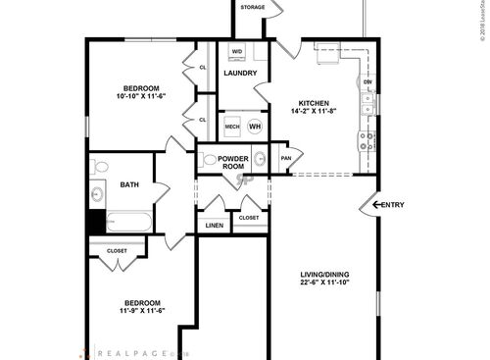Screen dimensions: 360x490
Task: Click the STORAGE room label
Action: (253, 8)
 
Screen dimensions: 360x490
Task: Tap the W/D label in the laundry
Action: (237, 51)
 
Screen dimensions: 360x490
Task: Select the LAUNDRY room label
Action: (240, 74)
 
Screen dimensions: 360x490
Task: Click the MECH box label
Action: (232, 127)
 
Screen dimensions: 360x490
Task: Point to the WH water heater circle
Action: (255, 127)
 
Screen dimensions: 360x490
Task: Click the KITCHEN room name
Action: (314, 103)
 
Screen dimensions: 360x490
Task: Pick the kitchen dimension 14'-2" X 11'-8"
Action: (314, 113)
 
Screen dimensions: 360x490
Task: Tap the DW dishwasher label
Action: (367, 81)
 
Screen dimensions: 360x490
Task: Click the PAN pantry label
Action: (286, 158)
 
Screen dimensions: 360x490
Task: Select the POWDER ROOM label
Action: (233, 162)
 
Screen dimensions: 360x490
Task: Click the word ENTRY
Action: (391, 205)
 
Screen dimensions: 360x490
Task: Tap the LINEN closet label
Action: (215, 226)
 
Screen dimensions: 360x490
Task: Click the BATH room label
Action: (129, 184)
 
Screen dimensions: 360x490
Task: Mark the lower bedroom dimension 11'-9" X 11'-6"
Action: (142, 311)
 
